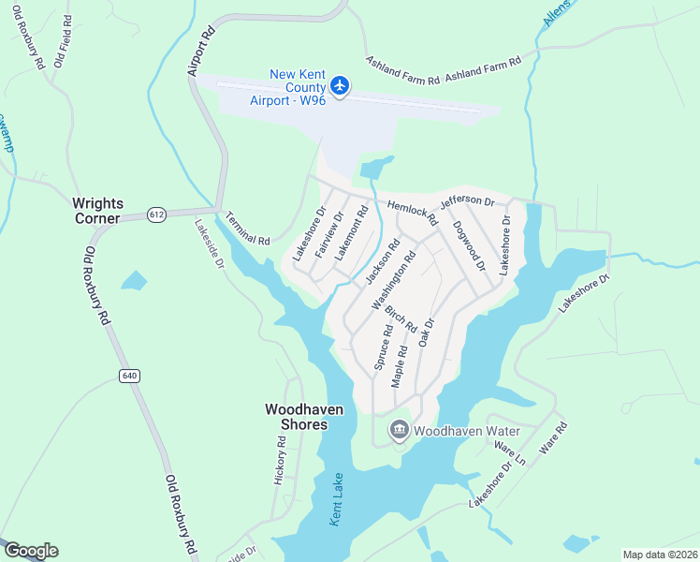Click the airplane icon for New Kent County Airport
[x=340, y=87]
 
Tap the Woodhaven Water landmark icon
[x=400, y=431]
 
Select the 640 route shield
[x=129, y=376]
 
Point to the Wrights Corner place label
[x=96, y=211]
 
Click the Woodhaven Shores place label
[x=297, y=417]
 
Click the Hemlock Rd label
[x=413, y=213]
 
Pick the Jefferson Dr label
[x=467, y=200]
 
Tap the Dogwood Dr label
[x=469, y=245]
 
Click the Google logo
[x=31, y=551]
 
